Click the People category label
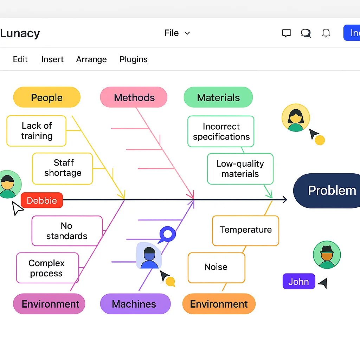47,97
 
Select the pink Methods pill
134,97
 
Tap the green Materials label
218,97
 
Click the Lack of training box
37,131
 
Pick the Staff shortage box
63,168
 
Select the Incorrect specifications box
221,131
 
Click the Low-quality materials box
240,169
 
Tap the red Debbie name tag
42,200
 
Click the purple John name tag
298,282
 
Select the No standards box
67,231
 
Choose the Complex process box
47,268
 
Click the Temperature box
245,230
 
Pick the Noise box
216,267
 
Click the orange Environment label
219,304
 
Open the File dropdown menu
177,33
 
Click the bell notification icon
326,33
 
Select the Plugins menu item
134,59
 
